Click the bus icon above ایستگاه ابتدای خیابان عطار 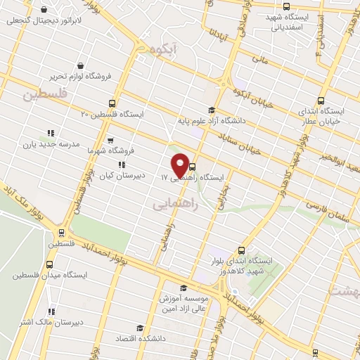(x=321, y=101)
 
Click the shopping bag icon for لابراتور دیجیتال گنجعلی (x=45, y=11)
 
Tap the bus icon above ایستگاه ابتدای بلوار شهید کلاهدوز (x=242, y=250)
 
